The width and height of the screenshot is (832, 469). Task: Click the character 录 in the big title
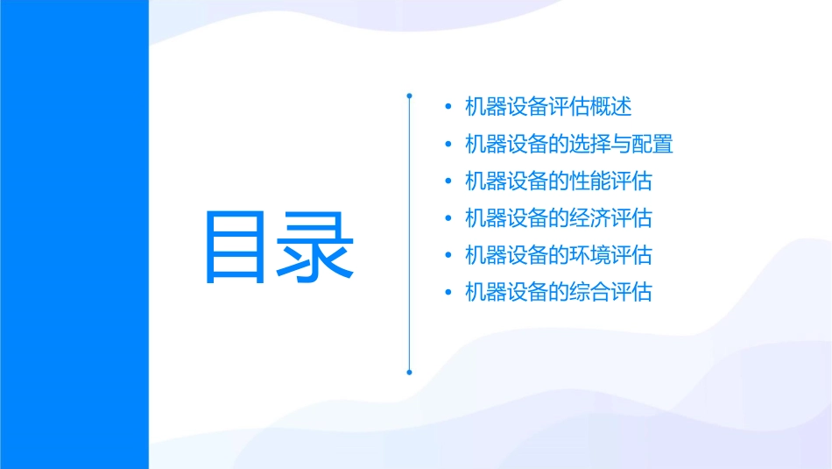tap(315, 246)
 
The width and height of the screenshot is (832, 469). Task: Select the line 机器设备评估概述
tap(548, 107)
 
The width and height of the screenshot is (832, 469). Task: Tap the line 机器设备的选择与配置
tap(569, 144)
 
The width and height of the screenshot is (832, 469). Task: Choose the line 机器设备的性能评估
tap(559, 181)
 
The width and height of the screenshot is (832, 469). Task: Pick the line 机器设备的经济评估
tap(559, 218)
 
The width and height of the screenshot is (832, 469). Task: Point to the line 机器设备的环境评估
tap(559, 255)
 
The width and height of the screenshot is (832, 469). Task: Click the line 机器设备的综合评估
tap(559, 292)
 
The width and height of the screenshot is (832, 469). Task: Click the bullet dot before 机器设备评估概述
tap(448, 107)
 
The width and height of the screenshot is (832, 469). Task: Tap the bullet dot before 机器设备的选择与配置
tap(448, 145)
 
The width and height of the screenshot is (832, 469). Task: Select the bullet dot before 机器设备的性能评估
tap(448, 181)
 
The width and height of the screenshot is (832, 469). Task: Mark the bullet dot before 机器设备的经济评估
tap(448, 218)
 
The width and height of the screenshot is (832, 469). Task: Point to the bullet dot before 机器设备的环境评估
tap(448, 256)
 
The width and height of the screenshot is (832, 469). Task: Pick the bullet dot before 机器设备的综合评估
tap(448, 293)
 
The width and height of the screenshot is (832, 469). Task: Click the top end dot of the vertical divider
tap(409, 93)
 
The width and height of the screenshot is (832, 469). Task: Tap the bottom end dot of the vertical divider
tap(409, 372)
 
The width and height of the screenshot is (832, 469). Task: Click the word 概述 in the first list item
tap(611, 107)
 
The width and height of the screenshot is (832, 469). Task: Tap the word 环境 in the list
tap(590, 255)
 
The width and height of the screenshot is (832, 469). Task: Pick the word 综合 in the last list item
tap(590, 292)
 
